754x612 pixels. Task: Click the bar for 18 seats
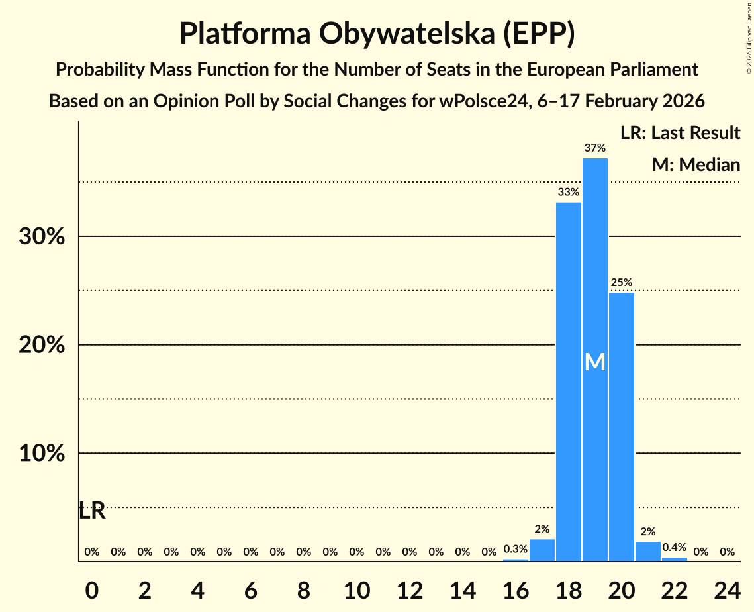tap(569, 382)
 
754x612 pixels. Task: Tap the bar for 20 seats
tap(622, 427)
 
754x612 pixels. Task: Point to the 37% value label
tap(595, 148)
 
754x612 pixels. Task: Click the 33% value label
tap(569, 192)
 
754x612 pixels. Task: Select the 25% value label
tap(622, 283)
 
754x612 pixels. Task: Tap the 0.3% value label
tap(516, 549)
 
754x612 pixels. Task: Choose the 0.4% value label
tap(675, 548)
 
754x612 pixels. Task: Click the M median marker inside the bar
tap(595, 362)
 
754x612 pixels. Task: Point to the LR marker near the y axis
tap(92, 511)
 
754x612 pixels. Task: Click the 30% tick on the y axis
tap(42, 236)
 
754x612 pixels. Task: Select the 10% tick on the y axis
tap(42, 454)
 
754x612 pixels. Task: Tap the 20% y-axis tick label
tap(42, 345)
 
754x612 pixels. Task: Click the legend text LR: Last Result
tap(680, 133)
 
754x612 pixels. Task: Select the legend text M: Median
tap(696, 164)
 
